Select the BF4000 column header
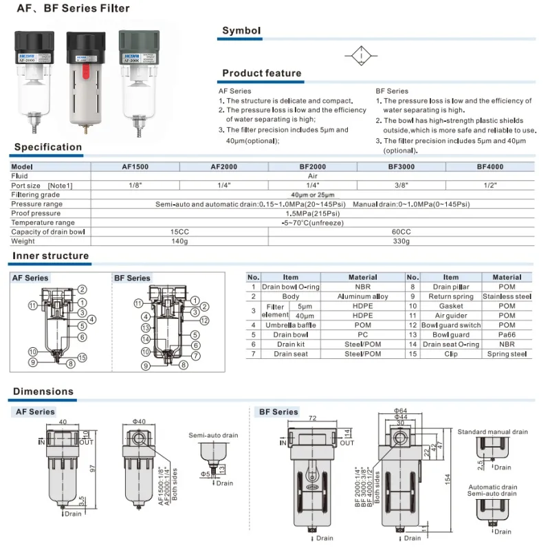[x=490, y=167]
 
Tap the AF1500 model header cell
[x=135, y=167]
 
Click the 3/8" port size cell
[x=401, y=186]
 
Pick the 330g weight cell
[x=401, y=241]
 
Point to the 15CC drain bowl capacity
[x=179, y=232]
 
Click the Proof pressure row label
[x=36, y=214]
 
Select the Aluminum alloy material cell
[x=363, y=296]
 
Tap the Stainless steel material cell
[x=507, y=296]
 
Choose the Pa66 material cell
[x=507, y=335]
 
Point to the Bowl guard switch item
[x=450, y=325]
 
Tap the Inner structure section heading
[x=51, y=256]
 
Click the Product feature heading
[x=261, y=73]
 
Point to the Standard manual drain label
[x=492, y=432]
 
